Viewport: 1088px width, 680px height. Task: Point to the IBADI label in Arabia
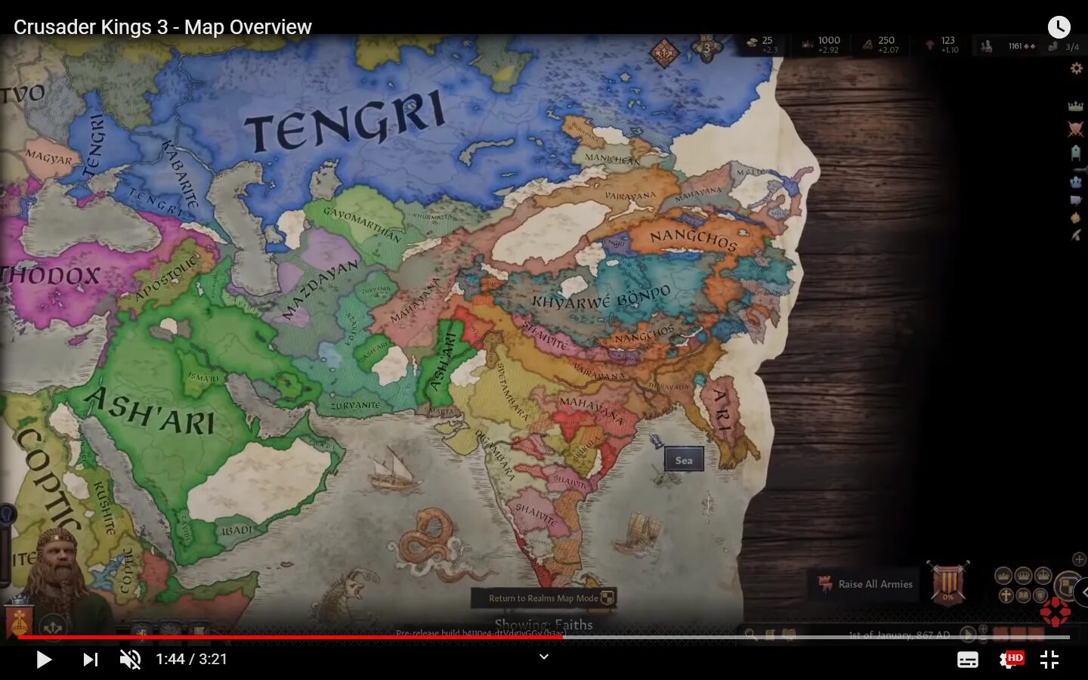click(237, 530)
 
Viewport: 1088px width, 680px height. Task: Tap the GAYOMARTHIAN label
click(361, 223)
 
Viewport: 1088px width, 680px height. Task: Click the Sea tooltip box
click(684, 459)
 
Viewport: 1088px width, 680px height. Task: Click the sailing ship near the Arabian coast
click(394, 468)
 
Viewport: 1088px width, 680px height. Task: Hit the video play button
click(44, 660)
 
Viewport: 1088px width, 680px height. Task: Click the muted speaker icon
click(130, 660)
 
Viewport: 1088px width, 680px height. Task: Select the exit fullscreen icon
click(1049, 660)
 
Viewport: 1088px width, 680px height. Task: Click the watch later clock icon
click(1059, 27)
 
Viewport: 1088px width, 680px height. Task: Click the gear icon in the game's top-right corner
click(1076, 69)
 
